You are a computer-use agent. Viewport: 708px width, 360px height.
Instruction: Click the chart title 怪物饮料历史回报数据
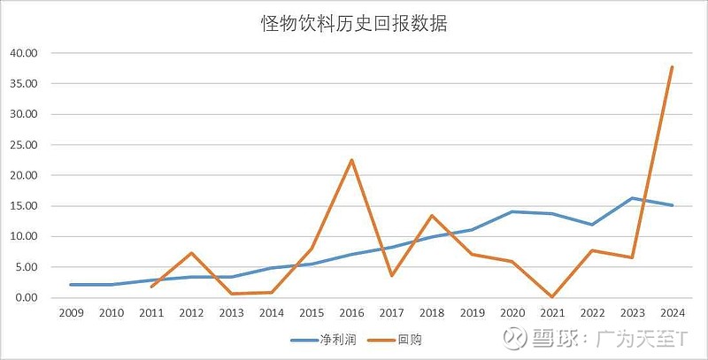coord(354,24)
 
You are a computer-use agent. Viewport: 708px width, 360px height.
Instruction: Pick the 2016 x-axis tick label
coord(351,312)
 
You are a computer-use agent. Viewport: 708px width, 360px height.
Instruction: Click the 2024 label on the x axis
coord(672,312)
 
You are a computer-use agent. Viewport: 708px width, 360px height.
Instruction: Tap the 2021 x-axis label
coord(551,312)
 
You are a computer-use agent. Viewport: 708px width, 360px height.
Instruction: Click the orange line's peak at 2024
coord(672,67)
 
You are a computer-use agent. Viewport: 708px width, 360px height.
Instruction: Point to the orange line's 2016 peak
coord(351,160)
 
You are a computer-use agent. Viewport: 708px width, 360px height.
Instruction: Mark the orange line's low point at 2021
coord(551,296)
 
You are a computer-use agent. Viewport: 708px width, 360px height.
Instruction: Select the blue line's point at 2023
coord(632,198)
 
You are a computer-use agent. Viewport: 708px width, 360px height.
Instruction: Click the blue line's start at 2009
coord(70,285)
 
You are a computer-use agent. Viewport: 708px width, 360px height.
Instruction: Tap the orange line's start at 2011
coord(150,287)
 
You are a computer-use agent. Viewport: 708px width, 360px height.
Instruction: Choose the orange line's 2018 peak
coord(431,216)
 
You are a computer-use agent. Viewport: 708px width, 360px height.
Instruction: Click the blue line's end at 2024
coord(672,205)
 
